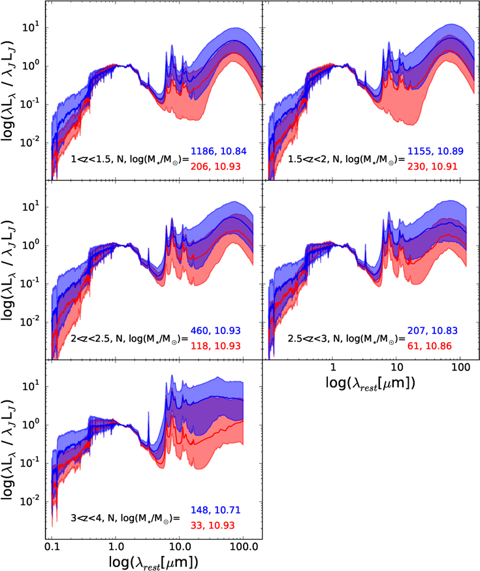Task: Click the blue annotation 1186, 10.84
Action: pos(219,151)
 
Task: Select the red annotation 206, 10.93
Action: pos(216,167)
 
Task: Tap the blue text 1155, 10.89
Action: pos(435,151)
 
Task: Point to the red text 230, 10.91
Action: pos(432,167)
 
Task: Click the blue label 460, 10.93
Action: pos(216,331)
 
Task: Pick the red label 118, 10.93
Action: pos(216,346)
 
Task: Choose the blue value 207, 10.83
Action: pos(432,331)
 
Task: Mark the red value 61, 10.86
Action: pos(430,346)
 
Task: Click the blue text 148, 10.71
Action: pos(216,510)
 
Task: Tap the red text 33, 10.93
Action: pos(212,525)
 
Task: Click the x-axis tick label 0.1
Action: pos(52,547)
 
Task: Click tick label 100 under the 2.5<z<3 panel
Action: pos(460,367)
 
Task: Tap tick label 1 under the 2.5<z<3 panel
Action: pos(332,367)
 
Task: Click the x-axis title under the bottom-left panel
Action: pos(153,563)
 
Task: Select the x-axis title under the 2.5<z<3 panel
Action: pos(370,383)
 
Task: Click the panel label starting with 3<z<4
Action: pos(125,518)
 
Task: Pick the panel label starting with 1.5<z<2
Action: pos(346,159)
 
